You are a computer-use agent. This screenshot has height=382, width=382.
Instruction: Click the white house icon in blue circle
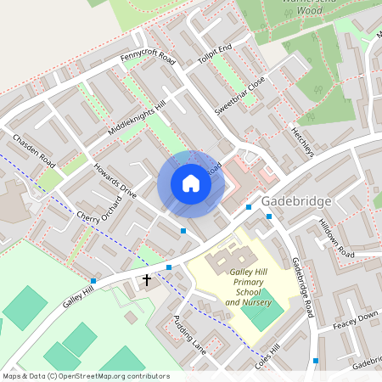(191, 183)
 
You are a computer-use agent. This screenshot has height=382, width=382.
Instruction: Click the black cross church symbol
(146, 279)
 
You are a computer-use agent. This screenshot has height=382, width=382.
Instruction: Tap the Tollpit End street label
(214, 55)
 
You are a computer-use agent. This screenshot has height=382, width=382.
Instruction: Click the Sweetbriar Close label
(240, 95)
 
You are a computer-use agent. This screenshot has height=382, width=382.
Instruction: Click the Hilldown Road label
(336, 237)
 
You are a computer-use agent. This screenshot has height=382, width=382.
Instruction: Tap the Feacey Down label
(355, 318)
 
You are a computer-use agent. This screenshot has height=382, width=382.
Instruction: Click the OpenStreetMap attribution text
(86, 376)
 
